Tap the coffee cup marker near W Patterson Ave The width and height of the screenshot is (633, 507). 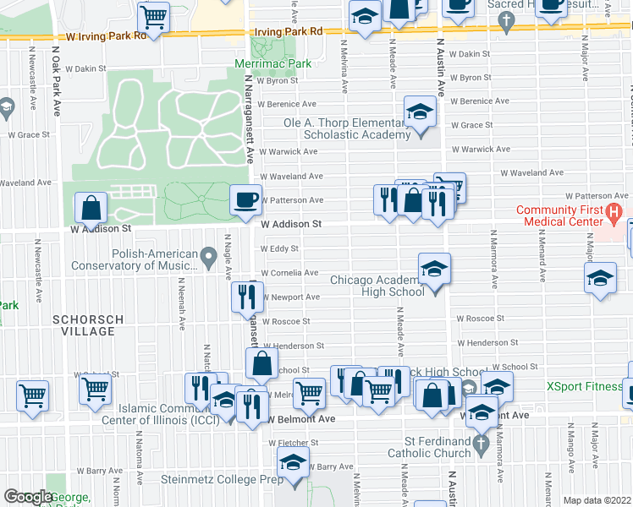(245, 200)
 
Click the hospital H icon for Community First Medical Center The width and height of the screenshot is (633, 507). (615, 211)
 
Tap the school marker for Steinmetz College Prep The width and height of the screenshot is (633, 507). (293, 464)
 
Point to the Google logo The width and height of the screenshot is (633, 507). (28, 496)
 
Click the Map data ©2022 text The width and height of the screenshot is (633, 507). (597, 500)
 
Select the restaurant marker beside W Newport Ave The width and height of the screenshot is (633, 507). (245, 297)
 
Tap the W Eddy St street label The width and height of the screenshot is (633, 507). (278, 249)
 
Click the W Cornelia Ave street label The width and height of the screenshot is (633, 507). (289, 273)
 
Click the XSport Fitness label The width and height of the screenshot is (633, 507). (585, 386)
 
